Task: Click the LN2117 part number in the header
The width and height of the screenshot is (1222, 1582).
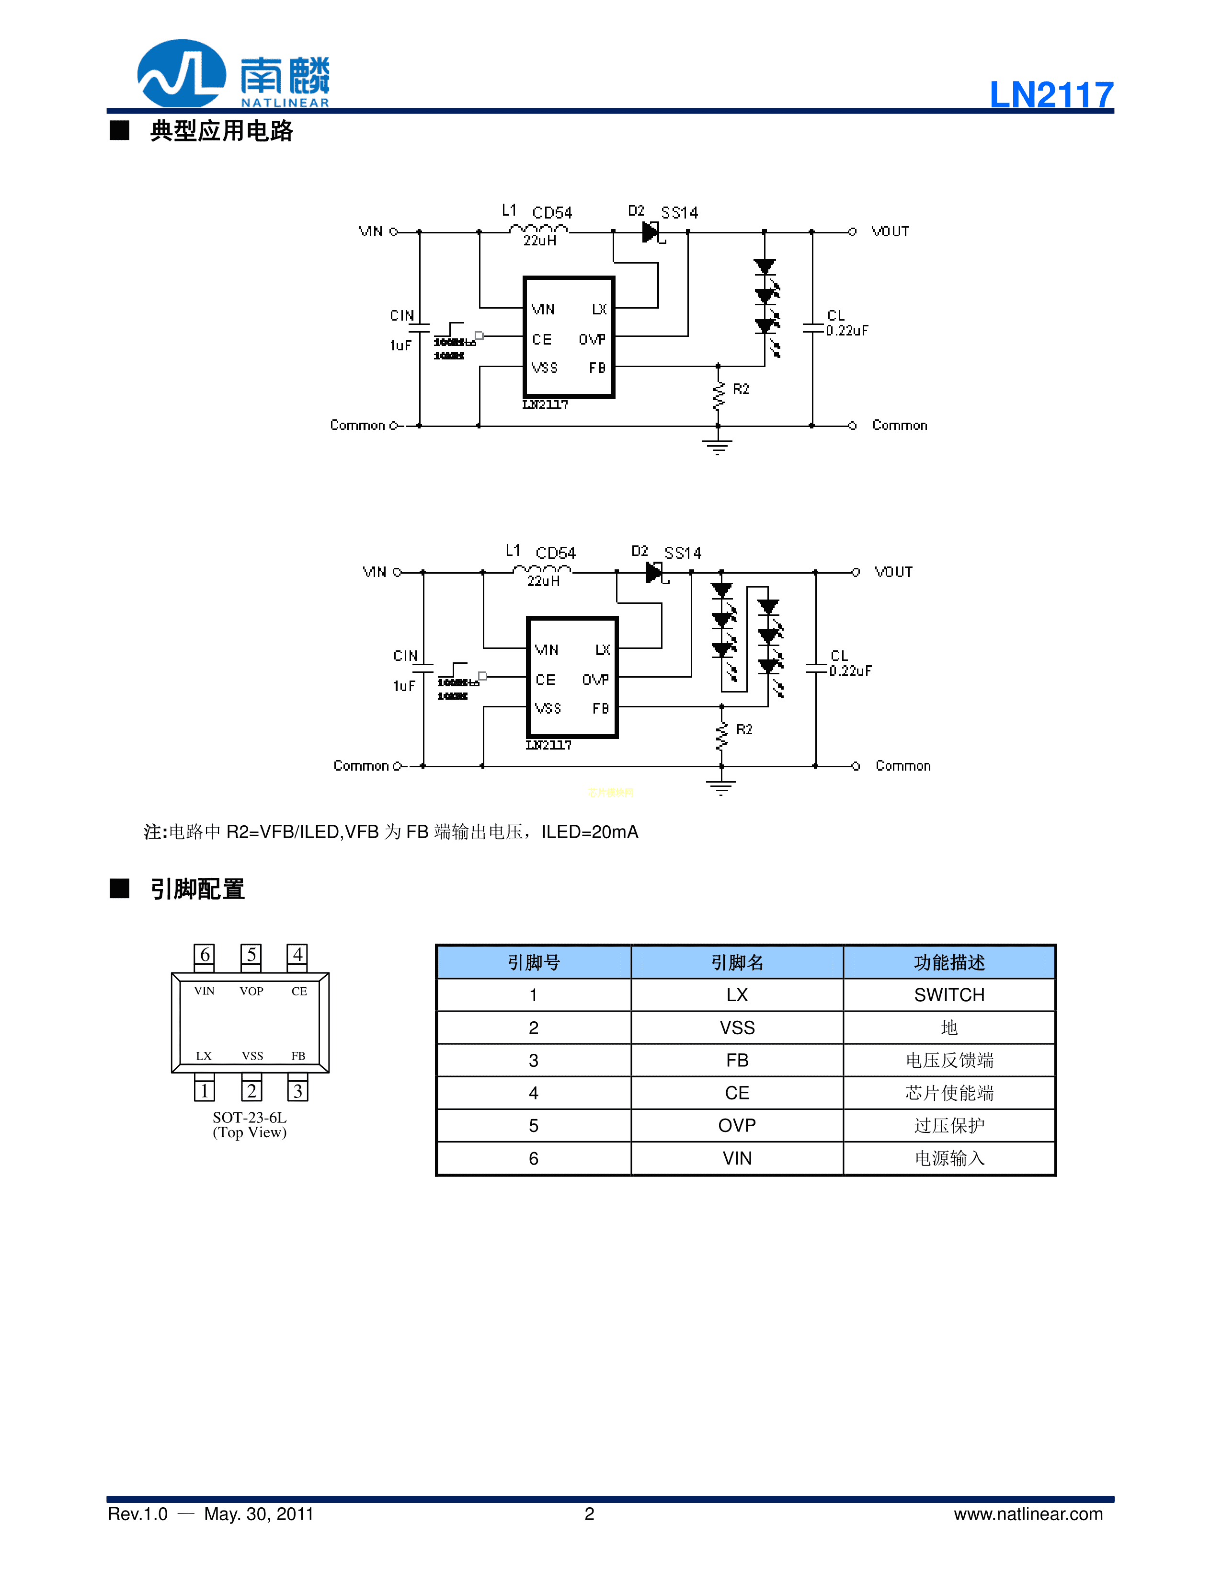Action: (x=1051, y=95)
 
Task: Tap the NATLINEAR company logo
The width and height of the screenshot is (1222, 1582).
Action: (x=233, y=74)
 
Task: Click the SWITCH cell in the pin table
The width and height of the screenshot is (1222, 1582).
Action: (x=948, y=995)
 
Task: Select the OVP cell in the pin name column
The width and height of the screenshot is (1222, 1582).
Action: (x=736, y=1126)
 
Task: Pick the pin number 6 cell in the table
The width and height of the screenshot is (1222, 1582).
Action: (x=534, y=1158)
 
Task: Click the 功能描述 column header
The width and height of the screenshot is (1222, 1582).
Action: (x=948, y=963)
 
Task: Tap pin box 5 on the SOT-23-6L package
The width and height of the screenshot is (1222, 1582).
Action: (x=251, y=955)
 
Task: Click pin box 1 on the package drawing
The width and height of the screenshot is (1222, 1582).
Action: (x=205, y=1090)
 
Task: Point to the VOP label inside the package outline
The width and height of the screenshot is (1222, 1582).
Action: (x=251, y=991)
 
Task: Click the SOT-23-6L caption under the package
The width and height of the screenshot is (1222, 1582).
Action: (x=249, y=1118)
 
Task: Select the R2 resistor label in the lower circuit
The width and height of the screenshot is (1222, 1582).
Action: (x=744, y=729)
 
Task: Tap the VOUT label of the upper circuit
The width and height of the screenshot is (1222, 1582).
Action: (x=890, y=232)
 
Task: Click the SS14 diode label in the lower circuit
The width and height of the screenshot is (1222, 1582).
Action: (x=683, y=554)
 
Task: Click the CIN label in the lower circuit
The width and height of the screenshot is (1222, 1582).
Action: (x=405, y=656)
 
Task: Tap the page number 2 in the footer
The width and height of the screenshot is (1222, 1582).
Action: (x=589, y=1514)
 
